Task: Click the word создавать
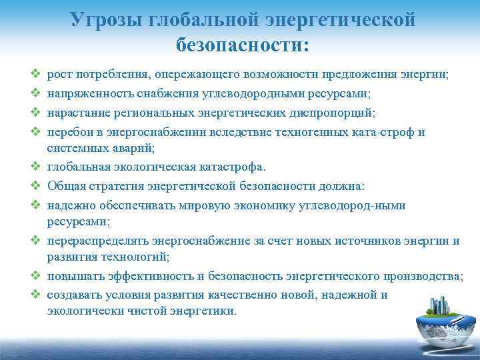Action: pyautogui.click(x=73, y=294)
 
